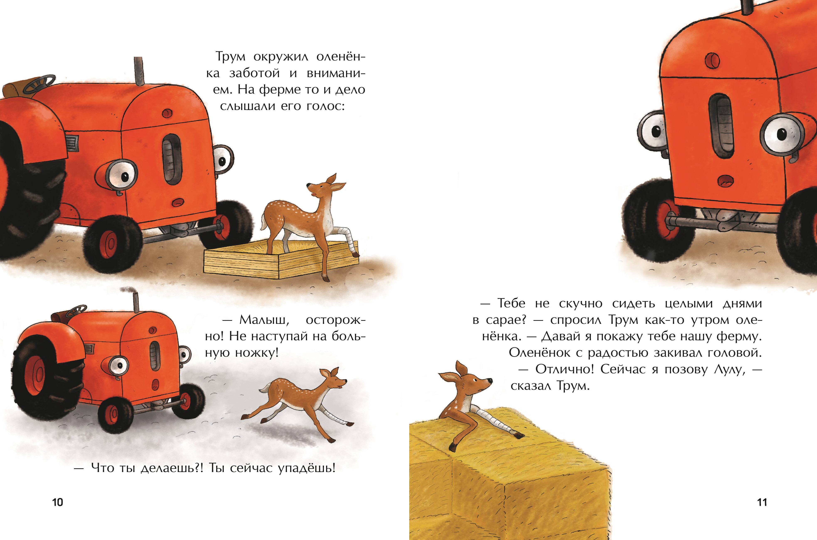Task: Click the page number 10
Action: pos(58,502)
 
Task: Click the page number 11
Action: pos(762,502)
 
